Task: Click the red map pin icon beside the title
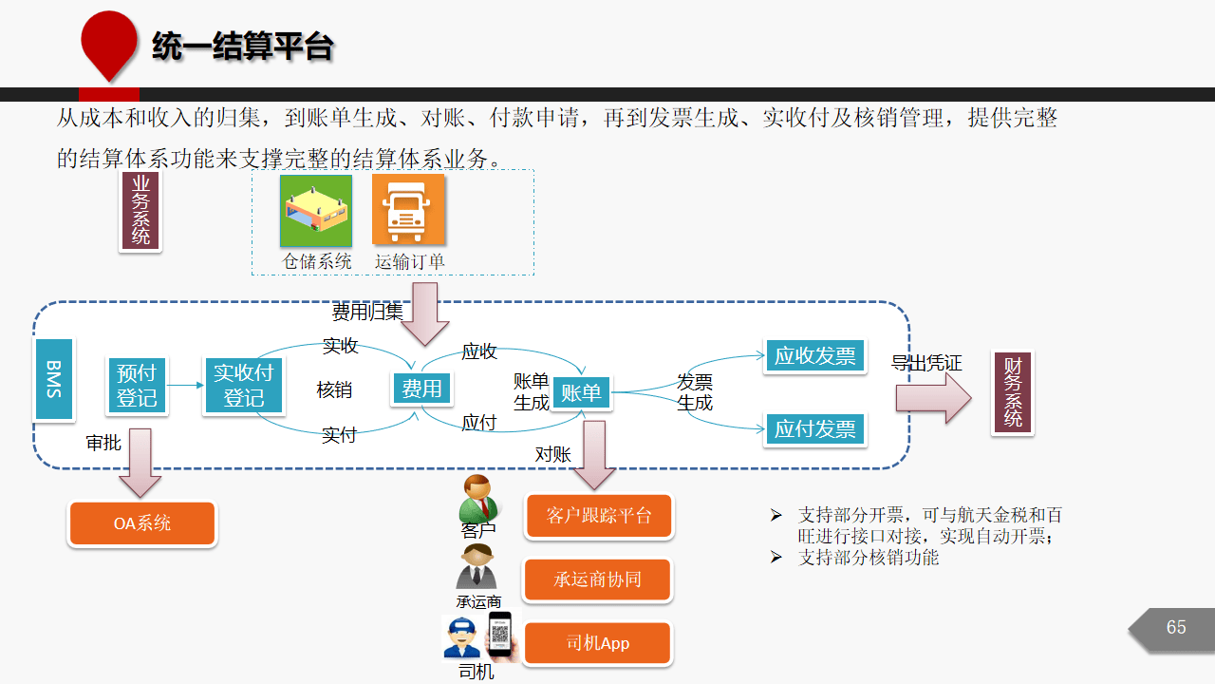click(x=109, y=45)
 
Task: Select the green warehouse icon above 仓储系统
click(x=316, y=211)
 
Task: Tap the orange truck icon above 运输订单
click(x=408, y=210)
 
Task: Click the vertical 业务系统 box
click(x=140, y=211)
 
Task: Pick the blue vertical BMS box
click(x=54, y=379)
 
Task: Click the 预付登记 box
click(x=137, y=385)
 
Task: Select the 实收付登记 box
click(x=244, y=385)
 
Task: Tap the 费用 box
click(x=421, y=389)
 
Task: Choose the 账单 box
click(x=581, y=392)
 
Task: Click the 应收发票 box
click(x=814, y=355)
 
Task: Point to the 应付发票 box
click(x=814, y=428)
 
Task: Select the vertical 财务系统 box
click(x=1013, y=392)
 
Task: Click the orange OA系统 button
click(x=142, y=523)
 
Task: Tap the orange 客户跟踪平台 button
click(x=599, y=515)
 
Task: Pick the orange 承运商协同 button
click(x=598, y=579)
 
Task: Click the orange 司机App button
click(x=598, y=643)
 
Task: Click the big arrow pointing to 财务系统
click(x=933, y=398)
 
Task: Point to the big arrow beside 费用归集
click(x=424, y=313)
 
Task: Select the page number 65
click(x=1176, y=627)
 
